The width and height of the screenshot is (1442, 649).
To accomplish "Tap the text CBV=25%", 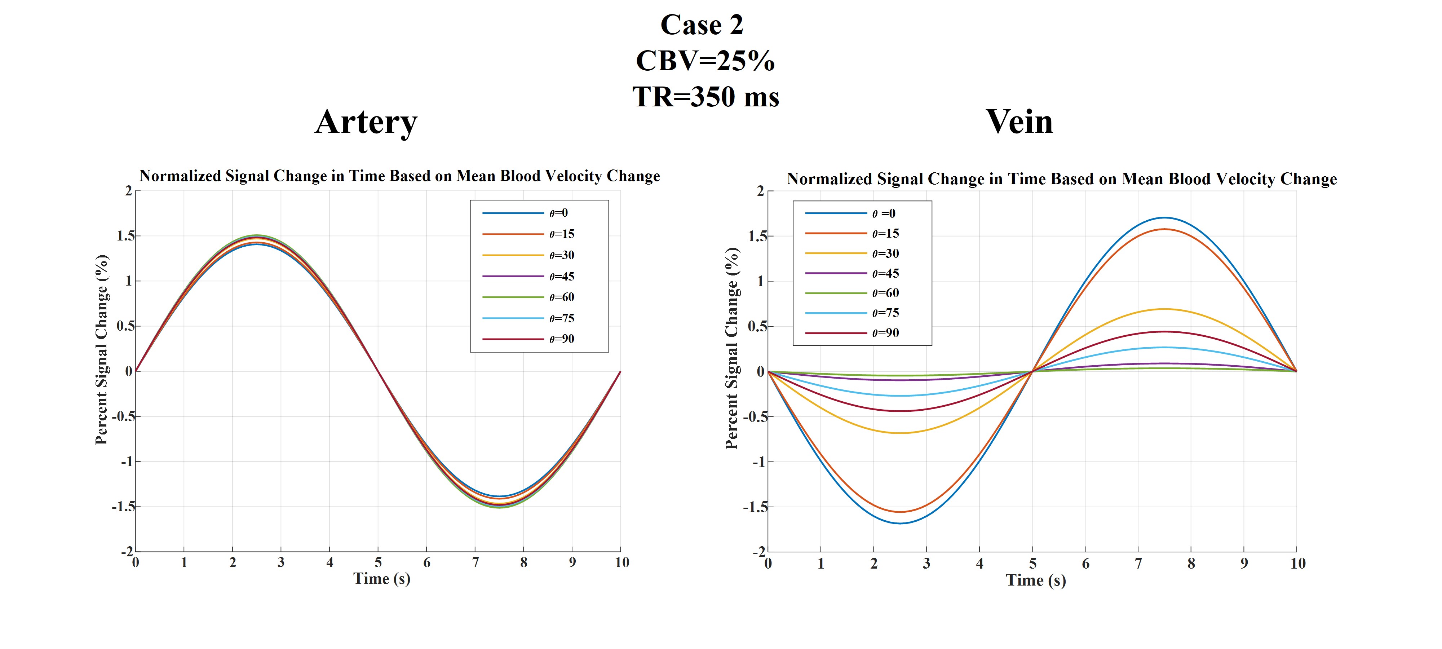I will [x=705, y=61].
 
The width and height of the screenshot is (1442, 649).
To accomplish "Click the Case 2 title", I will [x=702, y=25].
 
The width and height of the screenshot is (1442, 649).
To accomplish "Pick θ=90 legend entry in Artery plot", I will [x=561, y=339].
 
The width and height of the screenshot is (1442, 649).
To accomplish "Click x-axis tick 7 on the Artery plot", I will [x=475, y=562].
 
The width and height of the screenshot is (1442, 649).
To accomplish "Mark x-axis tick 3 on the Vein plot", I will [x=926, y=563].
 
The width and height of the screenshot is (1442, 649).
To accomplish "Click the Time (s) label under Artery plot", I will [x=382, y=578].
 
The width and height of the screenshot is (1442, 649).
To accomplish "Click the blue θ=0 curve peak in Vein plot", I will [x=1164, y=217].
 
